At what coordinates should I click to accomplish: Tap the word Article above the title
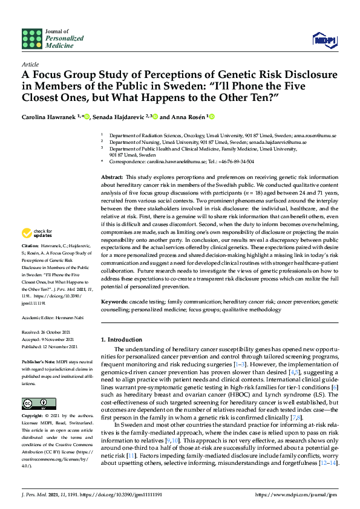pyautogui.click(x=30, y=64)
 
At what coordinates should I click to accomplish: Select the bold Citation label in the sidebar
pyautogui.click(x=30, y=247)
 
